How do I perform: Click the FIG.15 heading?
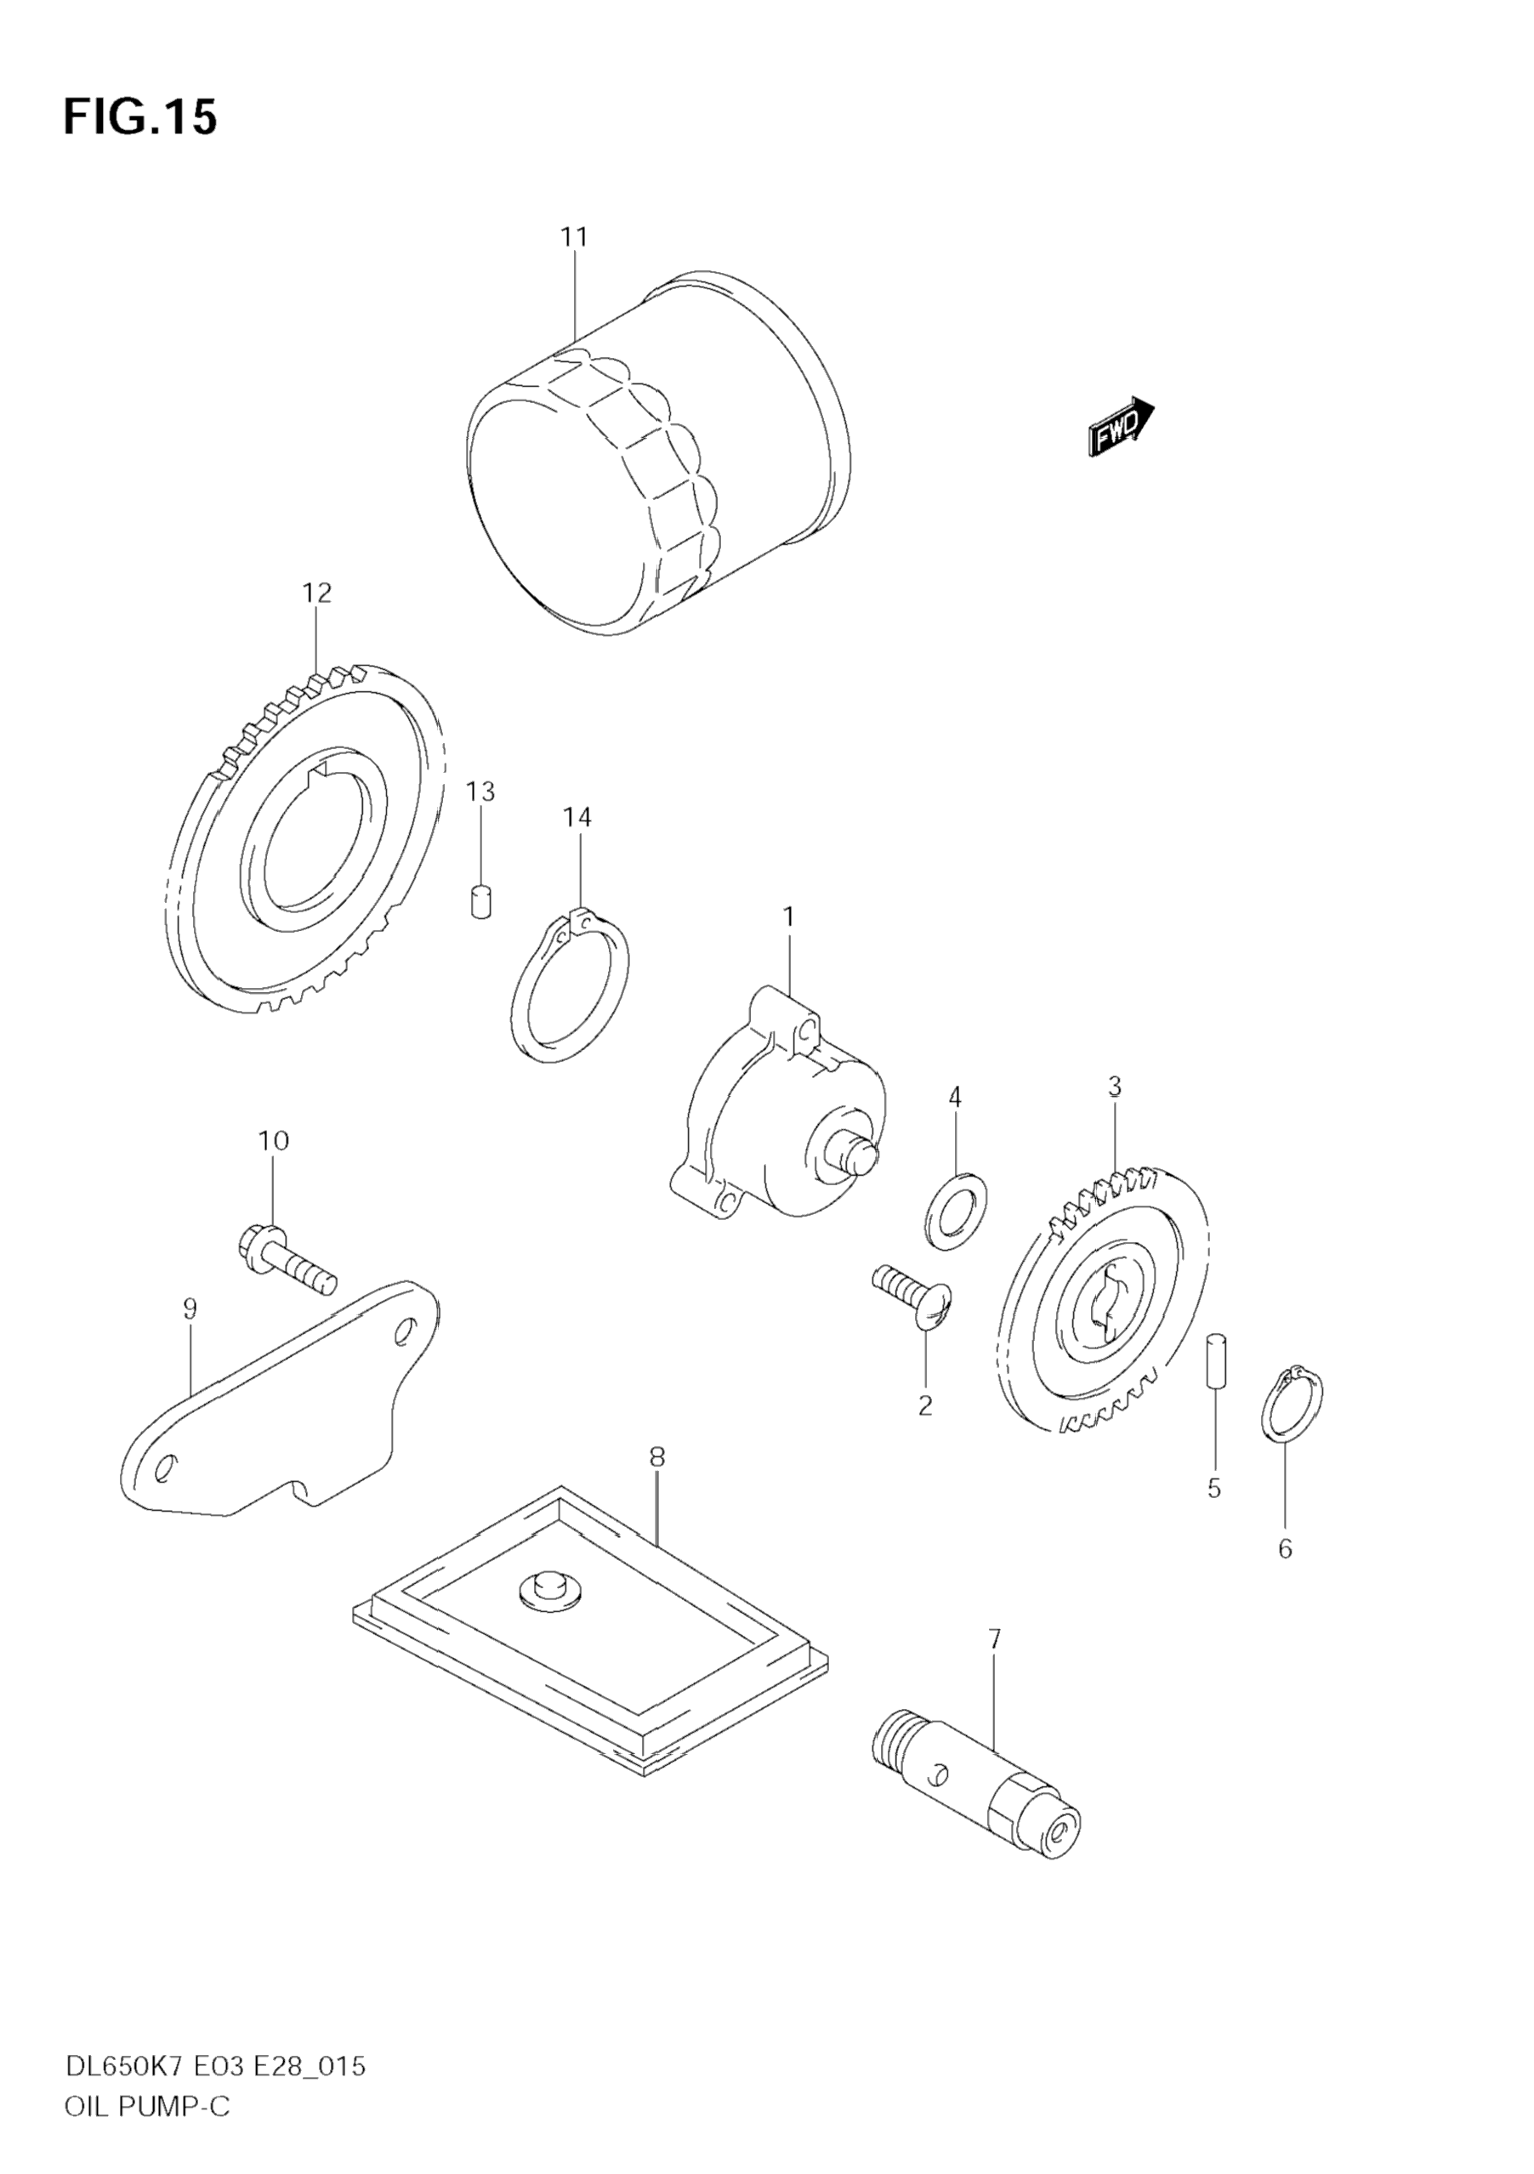point(140,117)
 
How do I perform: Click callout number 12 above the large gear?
point(317,593)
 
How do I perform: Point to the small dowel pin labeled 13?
point(482,900)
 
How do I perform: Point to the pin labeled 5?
point(1217,1360)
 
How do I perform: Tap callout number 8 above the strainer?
point(657,1457)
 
